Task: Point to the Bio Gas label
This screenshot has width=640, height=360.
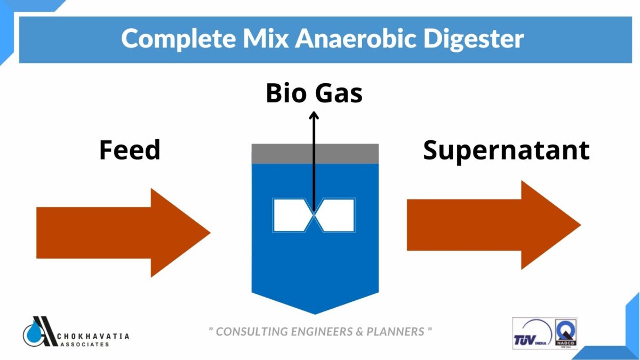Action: (x=314, y=93)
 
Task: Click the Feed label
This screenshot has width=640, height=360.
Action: (x=130, y=150)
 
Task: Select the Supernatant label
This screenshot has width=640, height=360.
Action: (x=506, y=150)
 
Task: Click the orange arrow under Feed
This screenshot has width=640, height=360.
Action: (x=123, y=233)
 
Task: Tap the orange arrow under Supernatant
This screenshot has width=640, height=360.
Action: (x=493, y=225)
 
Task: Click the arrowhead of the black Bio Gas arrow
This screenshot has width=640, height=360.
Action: (x=314, y=116)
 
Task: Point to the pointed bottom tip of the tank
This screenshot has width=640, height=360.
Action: (x=315, y=311)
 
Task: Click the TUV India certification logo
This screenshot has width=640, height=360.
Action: (x=532, y=333)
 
